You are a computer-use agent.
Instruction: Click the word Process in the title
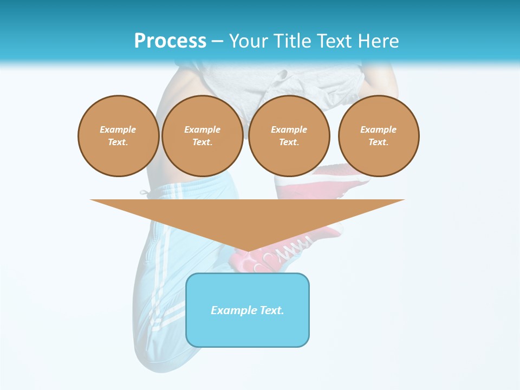170,41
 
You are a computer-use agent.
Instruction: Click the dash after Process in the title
217,42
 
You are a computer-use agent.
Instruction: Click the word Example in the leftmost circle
118,129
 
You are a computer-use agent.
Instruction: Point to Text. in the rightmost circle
378,142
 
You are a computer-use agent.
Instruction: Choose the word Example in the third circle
289,129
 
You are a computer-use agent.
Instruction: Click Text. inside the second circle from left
202,142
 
